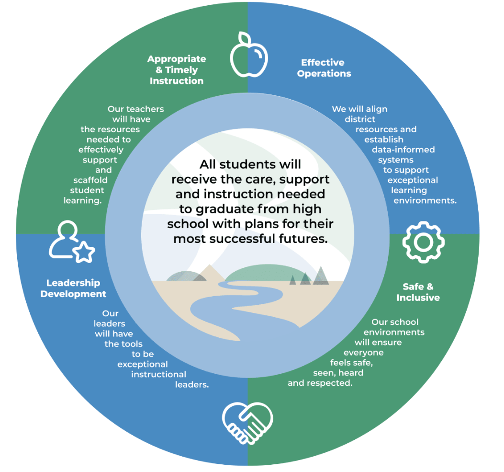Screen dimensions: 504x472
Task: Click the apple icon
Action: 249,57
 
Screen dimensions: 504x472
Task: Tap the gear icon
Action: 424,242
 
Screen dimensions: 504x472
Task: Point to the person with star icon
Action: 71,242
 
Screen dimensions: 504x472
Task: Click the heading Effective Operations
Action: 324,68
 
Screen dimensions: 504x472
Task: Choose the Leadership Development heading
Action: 73,288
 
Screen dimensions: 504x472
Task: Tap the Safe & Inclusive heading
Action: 418,292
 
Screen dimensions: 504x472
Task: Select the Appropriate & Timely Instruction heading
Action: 177,69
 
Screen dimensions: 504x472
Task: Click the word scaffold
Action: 91,180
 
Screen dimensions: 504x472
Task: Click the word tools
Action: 131,344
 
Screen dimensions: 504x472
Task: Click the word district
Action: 360,119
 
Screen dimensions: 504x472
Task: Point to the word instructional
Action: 158,374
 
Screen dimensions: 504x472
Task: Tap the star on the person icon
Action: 85,252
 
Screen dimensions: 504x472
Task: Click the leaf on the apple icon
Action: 245,38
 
